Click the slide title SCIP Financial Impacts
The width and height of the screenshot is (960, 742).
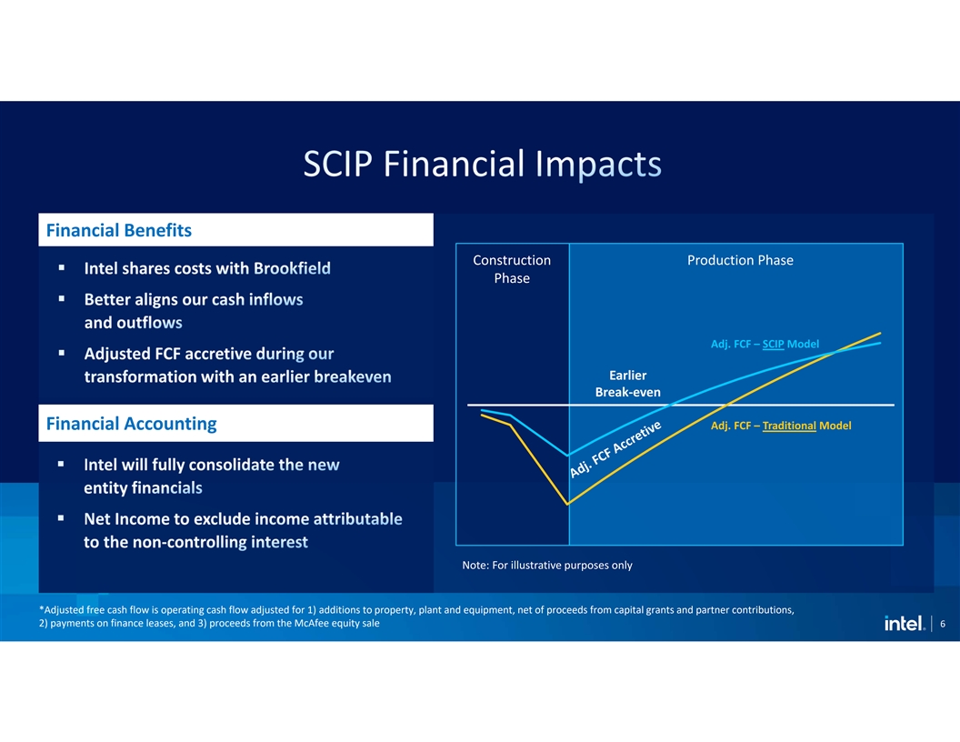(483, 164)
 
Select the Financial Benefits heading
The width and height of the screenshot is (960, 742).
(119, 230)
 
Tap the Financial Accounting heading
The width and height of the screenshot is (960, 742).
(131, 424)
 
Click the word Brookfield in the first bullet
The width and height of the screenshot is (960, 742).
(292, 268)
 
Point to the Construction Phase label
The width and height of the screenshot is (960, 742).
(512, 269)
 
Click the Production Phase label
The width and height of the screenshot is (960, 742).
(740, 260)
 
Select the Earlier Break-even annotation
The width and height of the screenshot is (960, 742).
(627, 384)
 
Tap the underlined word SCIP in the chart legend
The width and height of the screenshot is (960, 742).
(774, 344)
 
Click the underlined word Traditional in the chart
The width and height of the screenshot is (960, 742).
(789, 426)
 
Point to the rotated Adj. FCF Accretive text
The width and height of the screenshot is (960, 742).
(615, 449)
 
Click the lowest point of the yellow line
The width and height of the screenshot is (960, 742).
(568, 505)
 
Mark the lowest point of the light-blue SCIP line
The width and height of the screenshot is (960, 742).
(568, 456)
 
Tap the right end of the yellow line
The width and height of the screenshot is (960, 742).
(880, 333)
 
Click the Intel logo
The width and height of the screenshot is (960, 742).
(904, 623)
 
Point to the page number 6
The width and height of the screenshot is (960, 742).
(943, 624)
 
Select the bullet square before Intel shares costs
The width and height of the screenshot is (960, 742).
(61, 267)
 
